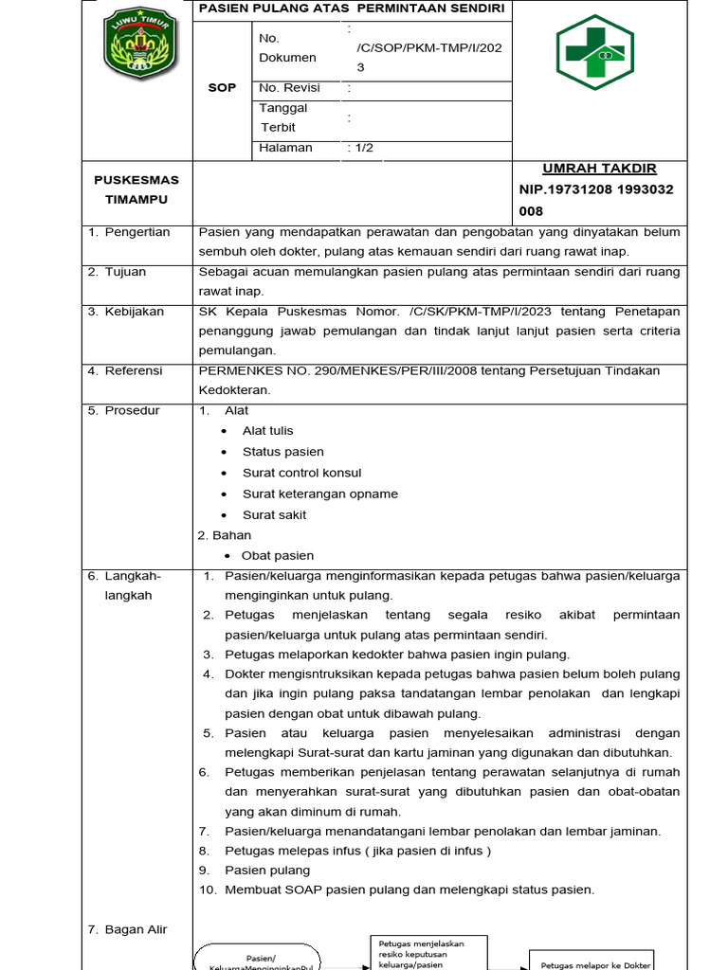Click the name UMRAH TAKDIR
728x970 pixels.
(x=599, y=169)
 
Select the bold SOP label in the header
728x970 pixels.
(x=222, y=88)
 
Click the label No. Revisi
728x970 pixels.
(x=289, y=88)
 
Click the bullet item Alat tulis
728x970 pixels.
(x=268, y=431)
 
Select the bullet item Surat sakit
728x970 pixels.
(x=274, y=515)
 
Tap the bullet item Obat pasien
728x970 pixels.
(x=278, y=555)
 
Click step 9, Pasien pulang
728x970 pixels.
(x=266, y=870)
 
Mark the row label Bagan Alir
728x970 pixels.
(x=136, y=929)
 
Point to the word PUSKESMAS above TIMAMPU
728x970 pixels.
(x=136, y=179)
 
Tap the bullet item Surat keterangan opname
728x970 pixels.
(x=320, y=494)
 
